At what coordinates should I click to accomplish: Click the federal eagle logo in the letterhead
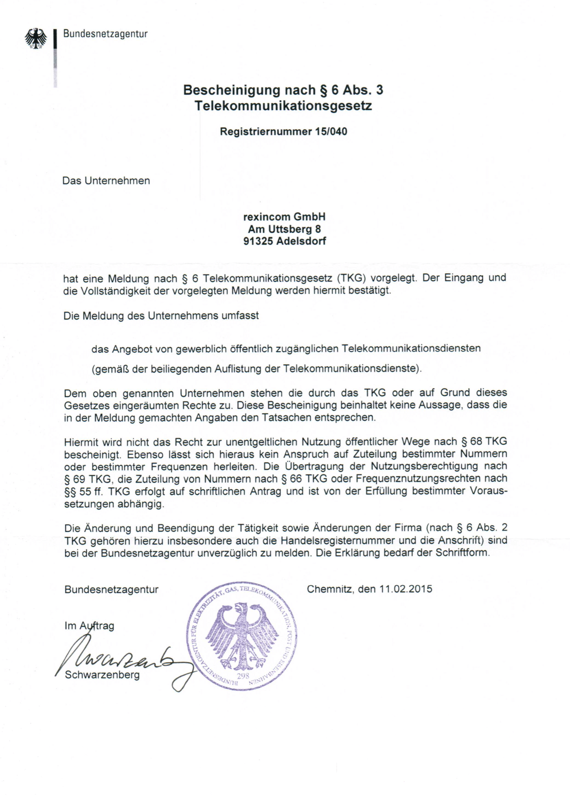pos(36,38)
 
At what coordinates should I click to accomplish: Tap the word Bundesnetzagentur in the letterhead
pos(105,34)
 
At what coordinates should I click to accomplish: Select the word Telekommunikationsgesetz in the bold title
pos(283,106)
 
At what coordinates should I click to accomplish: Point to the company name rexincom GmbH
pos(284,217)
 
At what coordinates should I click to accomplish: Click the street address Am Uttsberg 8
pos(284,229)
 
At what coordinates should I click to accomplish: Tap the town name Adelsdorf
pos(301,241)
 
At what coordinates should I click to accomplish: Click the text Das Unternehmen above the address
pos(106,181)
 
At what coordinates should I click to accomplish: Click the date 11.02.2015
pos(405,589)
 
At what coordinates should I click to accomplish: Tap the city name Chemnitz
pos(329,589)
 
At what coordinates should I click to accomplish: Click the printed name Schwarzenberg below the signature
pos(102,675)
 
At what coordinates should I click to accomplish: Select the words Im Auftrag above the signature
pos(89,625)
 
